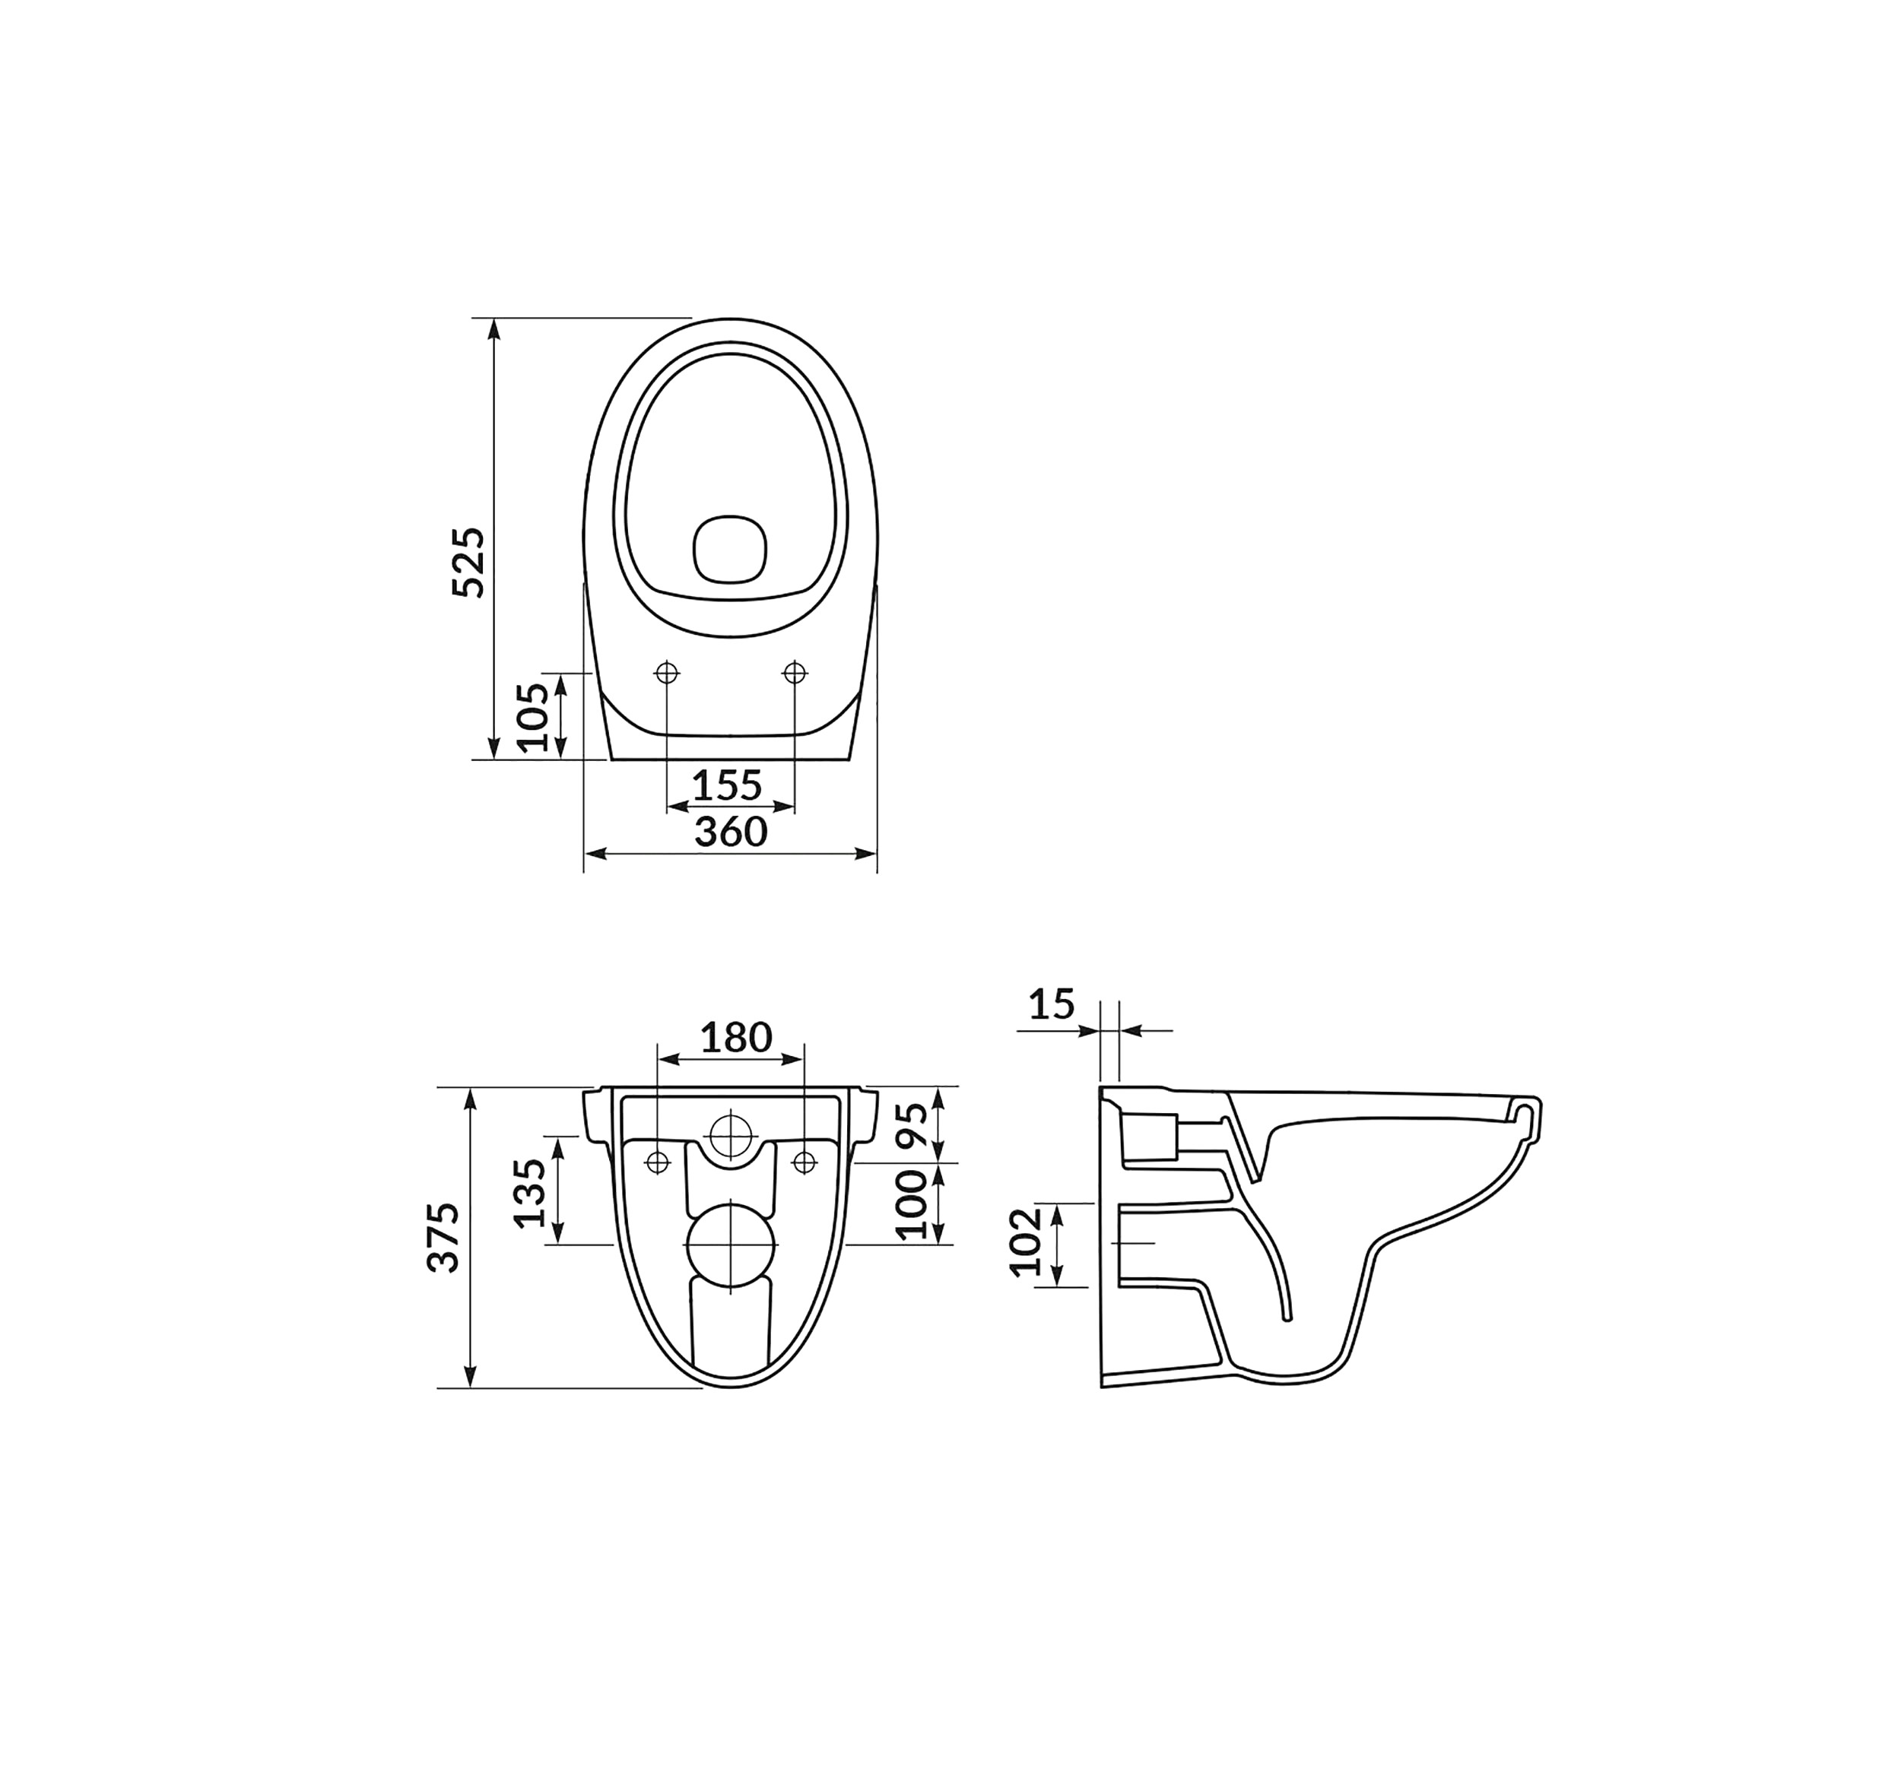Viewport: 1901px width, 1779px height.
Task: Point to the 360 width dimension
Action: (x=731, y=832)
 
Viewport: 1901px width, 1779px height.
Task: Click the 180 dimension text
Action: (x=736, y=1037)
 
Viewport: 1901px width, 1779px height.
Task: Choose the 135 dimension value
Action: (x=530, y=1193)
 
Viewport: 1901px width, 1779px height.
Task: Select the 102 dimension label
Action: (x=1026, y=1243)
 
